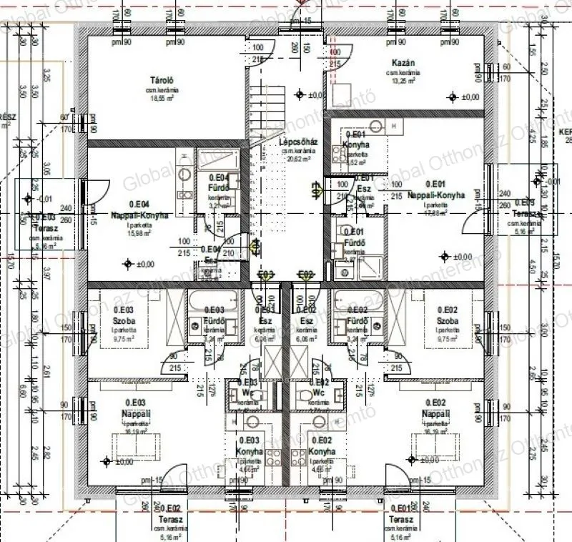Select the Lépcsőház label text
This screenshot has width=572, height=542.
(x=299, y=142)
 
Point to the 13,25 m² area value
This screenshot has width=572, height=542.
(x=401, y=82)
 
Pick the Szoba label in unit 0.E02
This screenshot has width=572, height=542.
(x=448, y=321)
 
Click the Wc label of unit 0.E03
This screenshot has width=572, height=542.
(x=247, y=393)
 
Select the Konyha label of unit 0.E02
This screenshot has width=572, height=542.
(x=322, y=451)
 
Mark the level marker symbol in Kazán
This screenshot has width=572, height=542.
(x=452, y=97)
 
